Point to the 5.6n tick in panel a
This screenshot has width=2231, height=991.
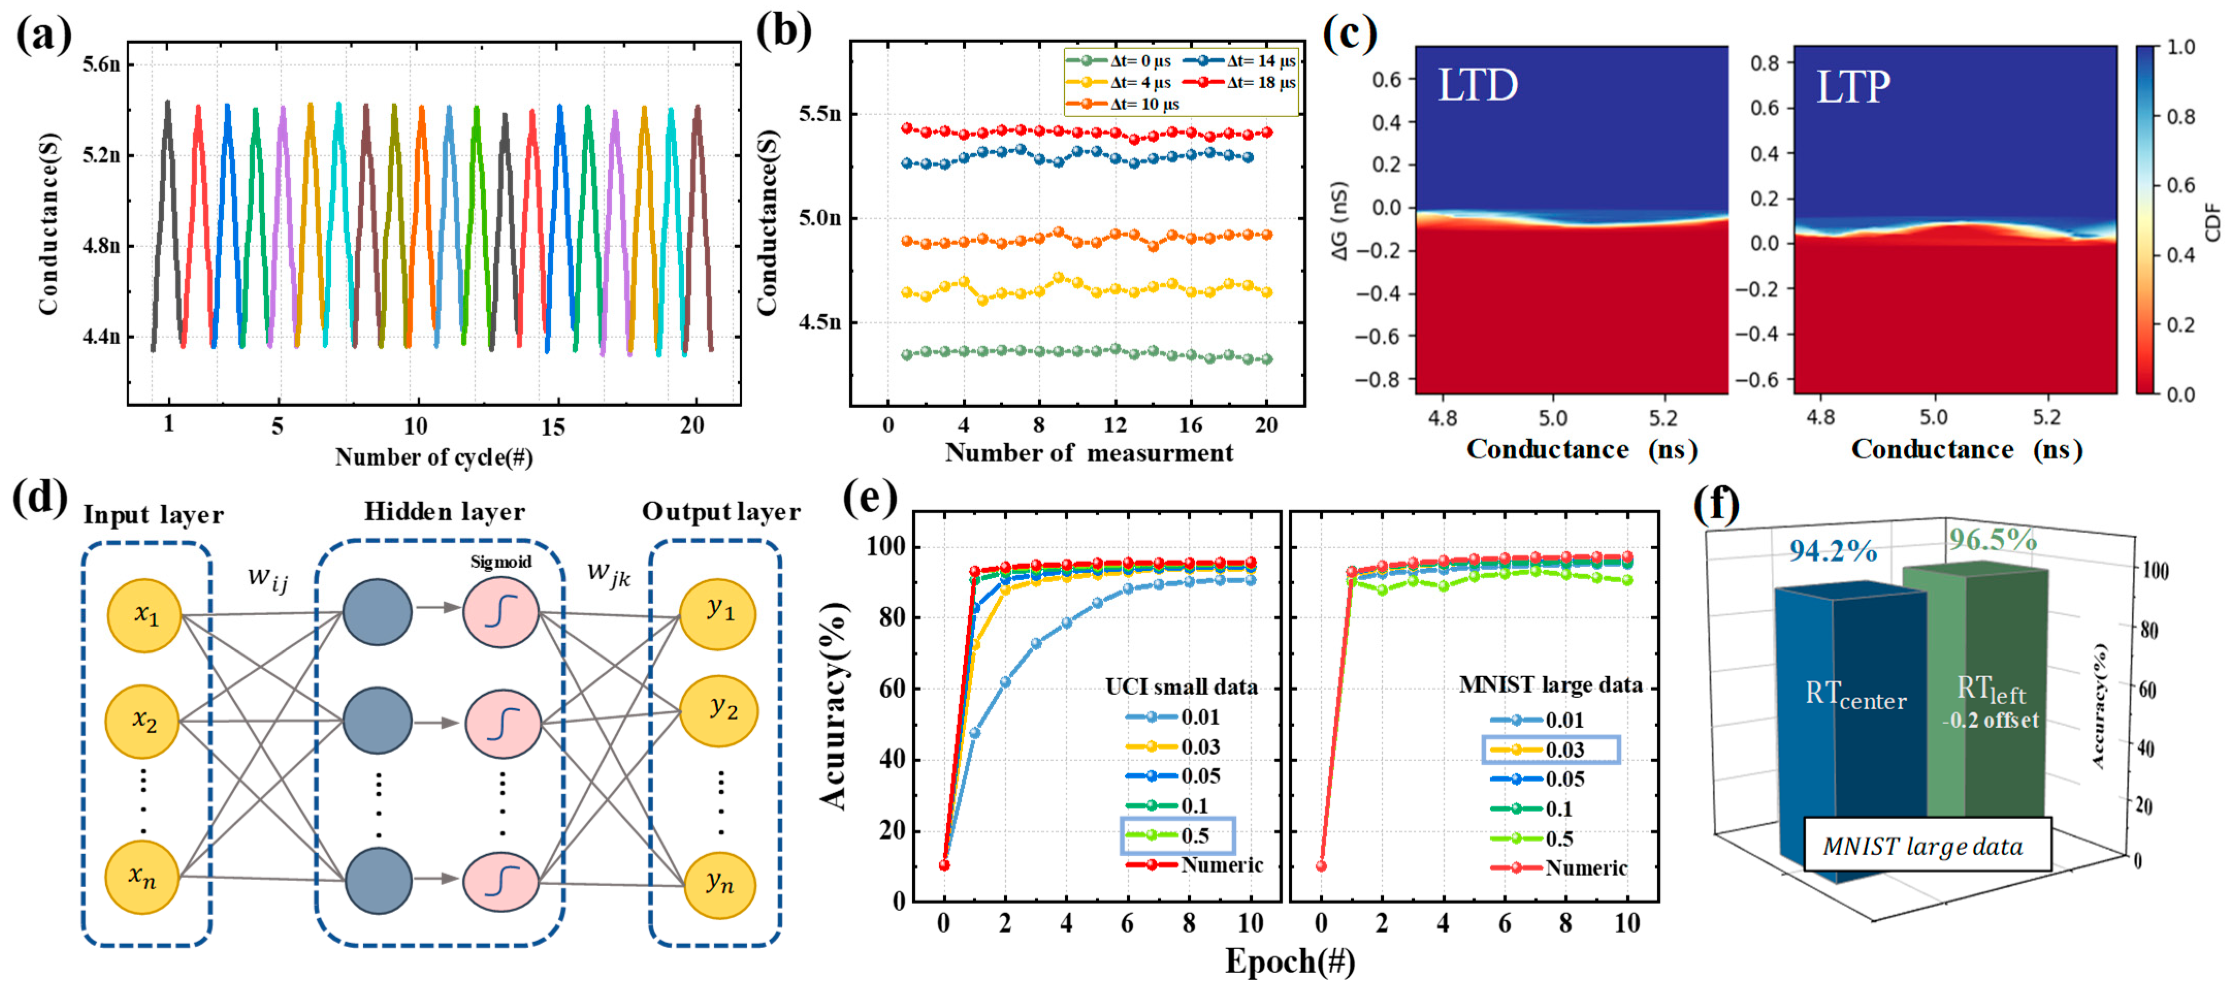[101, 64]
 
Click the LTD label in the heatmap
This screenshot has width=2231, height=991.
[1478, 85]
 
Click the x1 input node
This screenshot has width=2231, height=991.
[144, 615]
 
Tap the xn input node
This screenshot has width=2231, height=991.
[142, 876]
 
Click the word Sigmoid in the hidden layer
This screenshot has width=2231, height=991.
[500, 562]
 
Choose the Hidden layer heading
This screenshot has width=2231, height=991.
[444, 512]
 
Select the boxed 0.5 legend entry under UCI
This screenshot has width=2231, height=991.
[1178, 836]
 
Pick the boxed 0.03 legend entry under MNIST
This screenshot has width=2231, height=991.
[1550, 749]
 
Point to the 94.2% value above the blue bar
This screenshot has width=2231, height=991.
[1833, 551]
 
